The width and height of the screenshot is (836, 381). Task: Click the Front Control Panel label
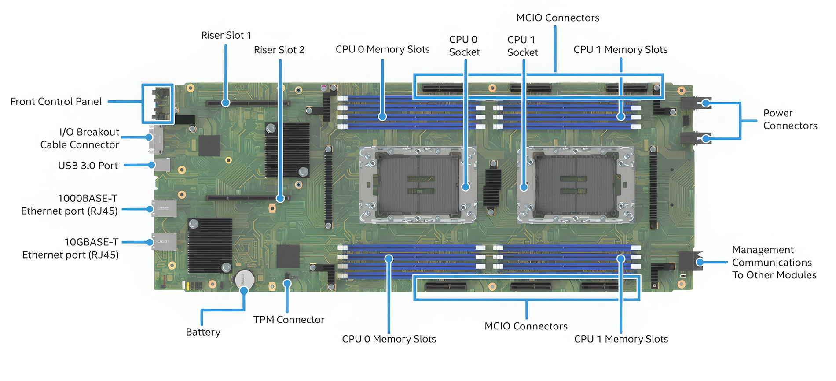56,102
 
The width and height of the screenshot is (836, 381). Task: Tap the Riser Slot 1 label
226,35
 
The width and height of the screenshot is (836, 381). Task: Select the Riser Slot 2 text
279,50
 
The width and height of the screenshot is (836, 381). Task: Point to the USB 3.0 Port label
88,166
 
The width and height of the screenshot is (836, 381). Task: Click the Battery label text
203,332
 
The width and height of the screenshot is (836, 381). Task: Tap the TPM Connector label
289,320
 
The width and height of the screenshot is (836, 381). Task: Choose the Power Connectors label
790,119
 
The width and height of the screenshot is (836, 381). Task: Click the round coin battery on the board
244,279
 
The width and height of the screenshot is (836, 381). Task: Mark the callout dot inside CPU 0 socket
466,187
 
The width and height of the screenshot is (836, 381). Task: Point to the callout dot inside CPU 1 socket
524,187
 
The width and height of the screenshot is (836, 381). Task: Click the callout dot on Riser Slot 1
226,103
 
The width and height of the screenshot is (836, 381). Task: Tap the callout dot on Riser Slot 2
280,198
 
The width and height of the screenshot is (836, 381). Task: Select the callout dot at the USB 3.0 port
151,165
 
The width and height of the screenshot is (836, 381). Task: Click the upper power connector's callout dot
706,104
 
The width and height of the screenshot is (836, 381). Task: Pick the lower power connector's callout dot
706,139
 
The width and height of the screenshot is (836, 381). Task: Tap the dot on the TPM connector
287,284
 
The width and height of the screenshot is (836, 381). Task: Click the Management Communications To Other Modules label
774,263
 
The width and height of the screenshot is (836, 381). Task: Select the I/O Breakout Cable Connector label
80,138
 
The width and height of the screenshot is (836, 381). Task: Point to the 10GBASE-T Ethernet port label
70,248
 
